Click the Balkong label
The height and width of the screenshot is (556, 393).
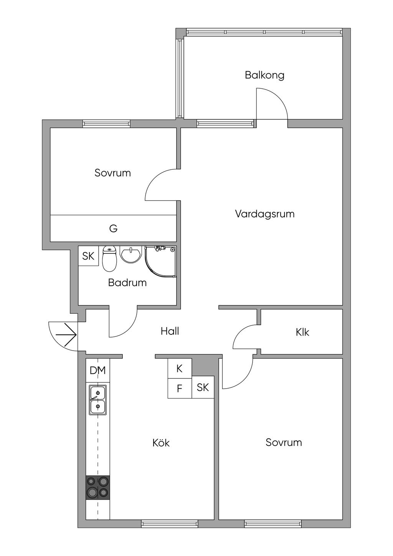264,75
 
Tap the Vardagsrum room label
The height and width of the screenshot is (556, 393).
264,214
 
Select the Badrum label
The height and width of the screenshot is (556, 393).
127,283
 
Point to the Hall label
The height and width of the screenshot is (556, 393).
170,331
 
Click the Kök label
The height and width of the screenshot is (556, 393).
161,443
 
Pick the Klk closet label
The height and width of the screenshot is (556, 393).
302,332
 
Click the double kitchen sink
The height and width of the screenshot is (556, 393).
98,400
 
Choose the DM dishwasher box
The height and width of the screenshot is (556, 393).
97,371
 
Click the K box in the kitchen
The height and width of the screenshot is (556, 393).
179,369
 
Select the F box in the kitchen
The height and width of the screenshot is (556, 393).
179,389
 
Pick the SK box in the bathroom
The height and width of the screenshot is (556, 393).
88,256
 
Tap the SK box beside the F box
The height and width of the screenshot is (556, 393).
203,387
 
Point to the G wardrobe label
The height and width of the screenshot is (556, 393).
113,229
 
